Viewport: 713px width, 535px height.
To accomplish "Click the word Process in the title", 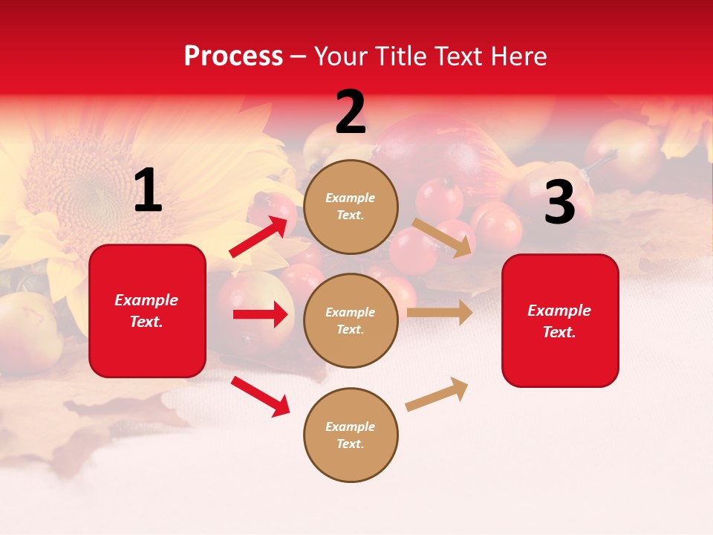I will click(x=233, y=56).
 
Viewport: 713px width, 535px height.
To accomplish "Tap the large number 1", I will click(x=148, y=191).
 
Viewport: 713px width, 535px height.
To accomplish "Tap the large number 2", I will click(x=351, y=112).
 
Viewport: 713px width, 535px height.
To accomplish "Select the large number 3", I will click(x=560, y=202).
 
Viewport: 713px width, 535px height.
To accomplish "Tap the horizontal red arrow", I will click(x=260, y=314).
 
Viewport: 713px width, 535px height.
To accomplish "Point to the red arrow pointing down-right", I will click(x=261, y=396).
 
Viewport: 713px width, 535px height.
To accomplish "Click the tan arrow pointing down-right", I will click(x=443, y=237).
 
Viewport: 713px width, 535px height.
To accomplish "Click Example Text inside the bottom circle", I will click(x=351, y=435).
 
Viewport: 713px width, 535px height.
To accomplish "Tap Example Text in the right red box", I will click(x=560, y=321).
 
